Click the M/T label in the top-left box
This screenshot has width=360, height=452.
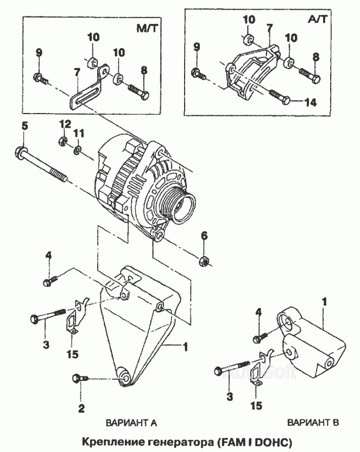[147, 28]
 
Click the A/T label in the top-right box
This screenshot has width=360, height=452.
[318, 19]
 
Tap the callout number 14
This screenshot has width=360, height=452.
[311, 102]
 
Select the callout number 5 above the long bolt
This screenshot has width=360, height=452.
[25, 126]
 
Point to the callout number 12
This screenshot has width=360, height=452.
[65, 124]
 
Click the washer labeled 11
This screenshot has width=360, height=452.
[78, 150]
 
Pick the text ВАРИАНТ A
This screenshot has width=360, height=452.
[131, 423]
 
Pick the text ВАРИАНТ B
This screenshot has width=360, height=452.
[313, 423]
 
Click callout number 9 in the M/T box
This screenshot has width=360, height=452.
[39, 53]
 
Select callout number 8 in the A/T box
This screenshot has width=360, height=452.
[316, 57]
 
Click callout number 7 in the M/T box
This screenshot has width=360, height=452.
[77, 72]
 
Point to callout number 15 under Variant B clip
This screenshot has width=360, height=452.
[256, 406]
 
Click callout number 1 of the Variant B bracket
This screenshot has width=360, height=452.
[325, 302]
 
